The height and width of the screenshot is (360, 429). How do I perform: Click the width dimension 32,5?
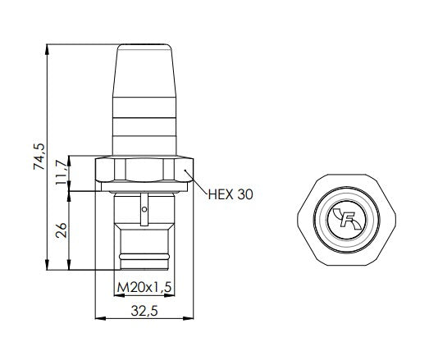point(145,311)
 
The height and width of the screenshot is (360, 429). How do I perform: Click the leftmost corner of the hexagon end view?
point(294,217)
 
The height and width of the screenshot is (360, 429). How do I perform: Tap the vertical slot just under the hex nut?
point(144,198)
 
